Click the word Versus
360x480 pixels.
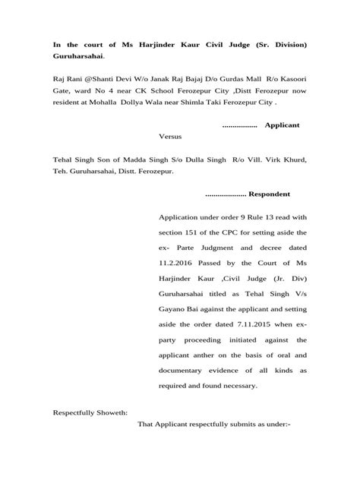(171, 137)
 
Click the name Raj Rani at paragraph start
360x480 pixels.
(67, 77)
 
